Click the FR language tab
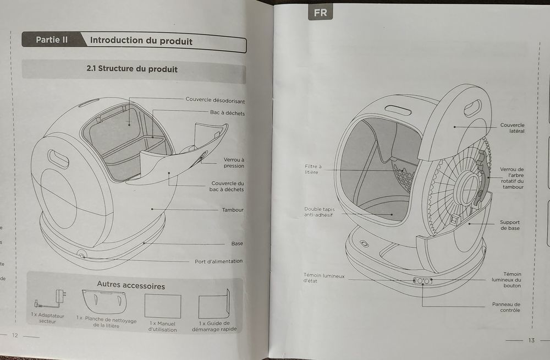[x=320, y=12]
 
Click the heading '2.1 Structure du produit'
[x=132, y=69]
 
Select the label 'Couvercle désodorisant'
[x=215, y=100]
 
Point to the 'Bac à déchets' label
[x=227, y=113]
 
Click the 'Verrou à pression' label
[x=234, y=162]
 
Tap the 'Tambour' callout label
[x=233, y=210]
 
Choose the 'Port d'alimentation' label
[x=218, y=261]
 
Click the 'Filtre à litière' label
[x=313, y=169]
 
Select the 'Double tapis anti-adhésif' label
[x=319, y=212]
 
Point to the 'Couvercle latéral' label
[x=512, y=128]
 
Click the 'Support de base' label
[x=510, y=225]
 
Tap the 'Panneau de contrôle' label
[x=506, y=307]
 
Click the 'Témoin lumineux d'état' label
[x=324, y=278]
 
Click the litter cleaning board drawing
[x=106, y=302]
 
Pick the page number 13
[x=531, y=340]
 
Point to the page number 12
[x=15, y=335]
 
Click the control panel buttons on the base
[x=422, y=281]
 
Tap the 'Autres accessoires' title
[x=131, y=286]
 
